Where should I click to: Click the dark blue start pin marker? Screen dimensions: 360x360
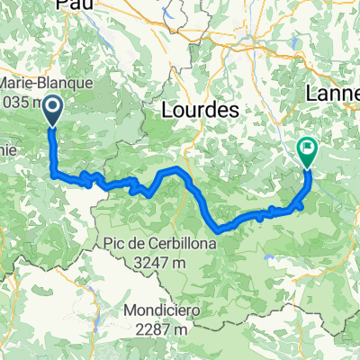click(52, 111)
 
